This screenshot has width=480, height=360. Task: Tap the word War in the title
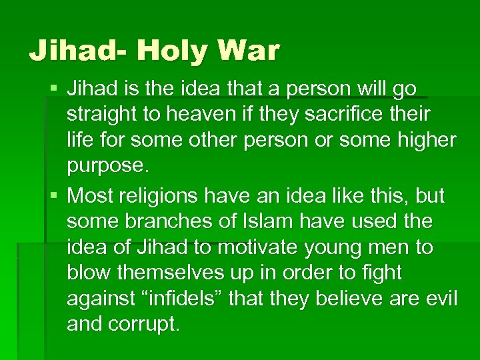[247, 49]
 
